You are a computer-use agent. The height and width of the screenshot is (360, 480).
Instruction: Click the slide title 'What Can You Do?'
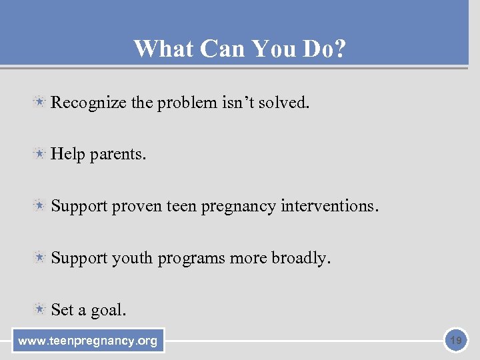tap(239, 49)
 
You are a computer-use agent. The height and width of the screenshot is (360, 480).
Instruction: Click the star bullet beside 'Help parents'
tap(40, 154)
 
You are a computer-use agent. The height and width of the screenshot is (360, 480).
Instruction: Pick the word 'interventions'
tap(327, 206)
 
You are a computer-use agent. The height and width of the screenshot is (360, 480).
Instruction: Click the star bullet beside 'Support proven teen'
tap(40, 206)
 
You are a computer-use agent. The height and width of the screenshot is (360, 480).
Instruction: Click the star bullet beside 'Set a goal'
tap(40, 309)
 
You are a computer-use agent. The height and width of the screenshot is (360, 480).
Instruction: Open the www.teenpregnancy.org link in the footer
tap(88, 341)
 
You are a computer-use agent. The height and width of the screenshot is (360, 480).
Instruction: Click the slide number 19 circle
tap(455, 341)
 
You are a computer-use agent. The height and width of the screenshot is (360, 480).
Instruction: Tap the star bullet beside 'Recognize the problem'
tap(40, 102)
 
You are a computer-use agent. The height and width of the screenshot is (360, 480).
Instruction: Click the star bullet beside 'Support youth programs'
tap(40, 257)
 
